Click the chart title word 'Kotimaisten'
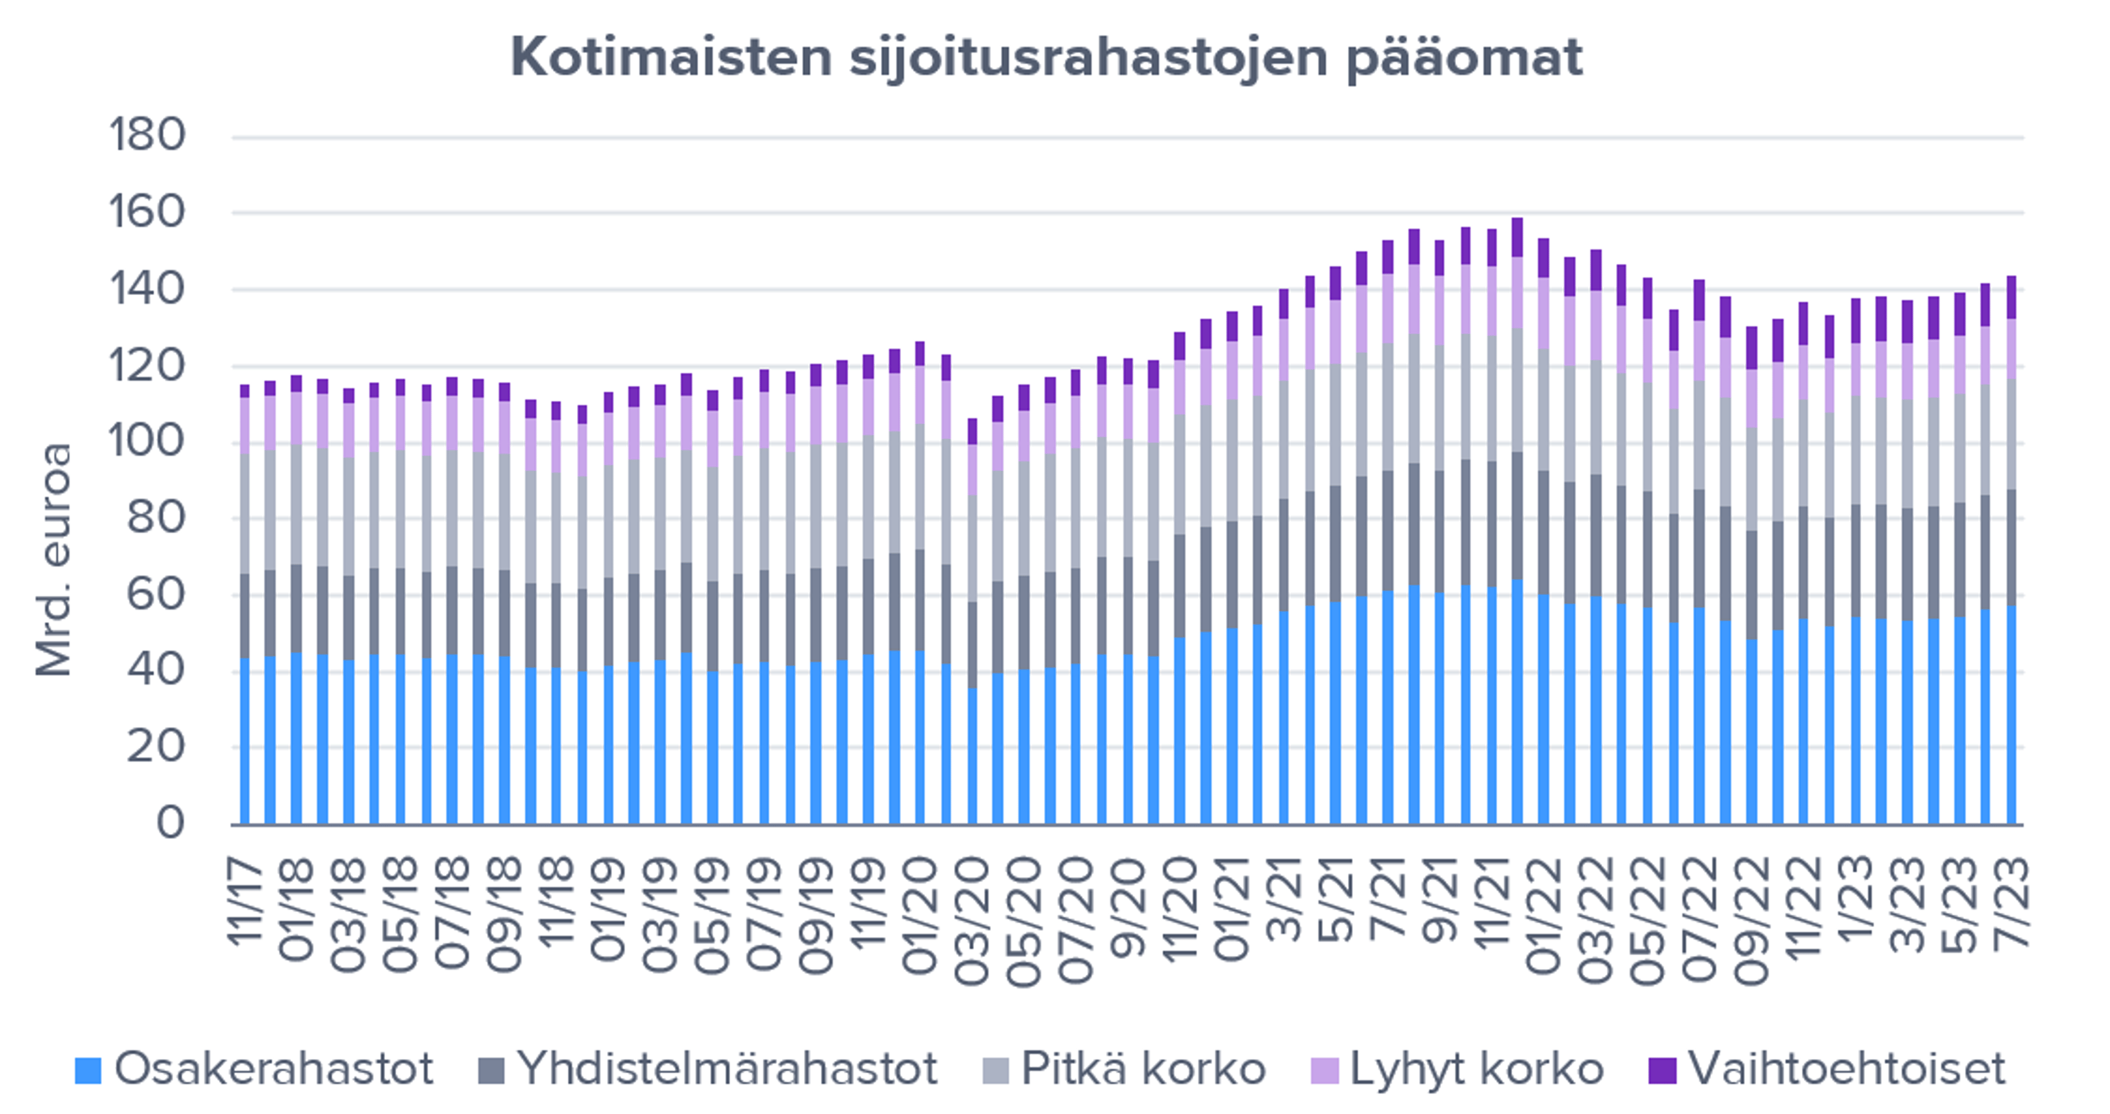(x=671, y=57)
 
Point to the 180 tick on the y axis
(x=147, y=135)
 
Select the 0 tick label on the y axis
(x=170, y=822)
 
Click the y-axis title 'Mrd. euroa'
(x=54, y=560)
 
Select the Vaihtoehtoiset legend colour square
(x=1662, y=1070)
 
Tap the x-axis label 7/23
(x=2011, y=901)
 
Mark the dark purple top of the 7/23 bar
(x=2011, y=297)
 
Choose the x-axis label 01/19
(x=608, y=909)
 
